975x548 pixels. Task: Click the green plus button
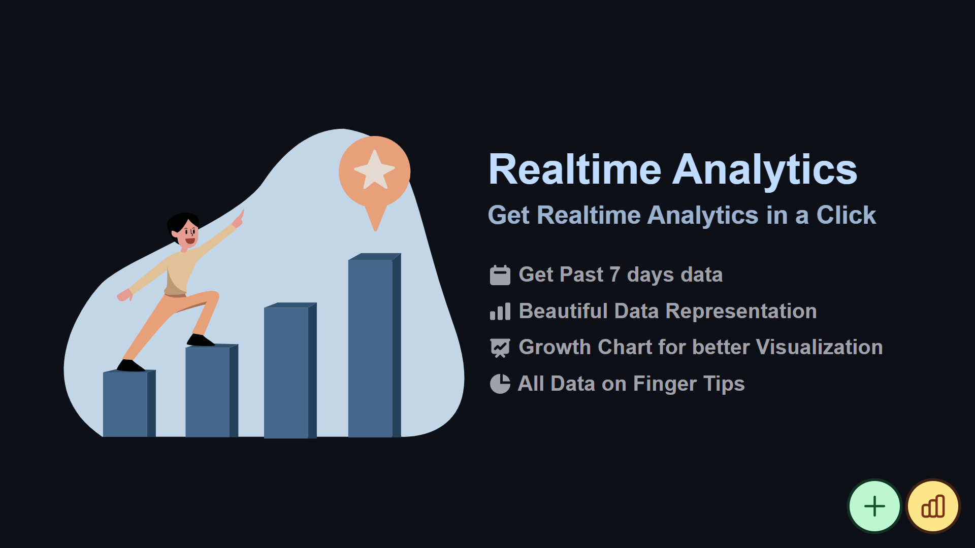point(874,506)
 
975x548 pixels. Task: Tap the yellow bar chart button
point(933,506)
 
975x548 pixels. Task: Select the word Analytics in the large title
point(765,172)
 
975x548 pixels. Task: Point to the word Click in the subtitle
point(846,215)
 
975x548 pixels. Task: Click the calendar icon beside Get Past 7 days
point(500,275)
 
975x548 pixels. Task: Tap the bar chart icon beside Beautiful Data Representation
point(500,311)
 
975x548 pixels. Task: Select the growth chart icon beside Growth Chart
point(500,348)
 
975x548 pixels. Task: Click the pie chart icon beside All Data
point(500,384)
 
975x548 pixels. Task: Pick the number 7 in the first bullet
point(614,275)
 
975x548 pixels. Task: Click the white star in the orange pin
point(375,170)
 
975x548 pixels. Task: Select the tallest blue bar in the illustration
point(374,345)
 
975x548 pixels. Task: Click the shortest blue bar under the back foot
point(129,403)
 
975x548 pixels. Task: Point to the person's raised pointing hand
point(238,219)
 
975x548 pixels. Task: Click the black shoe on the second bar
point(200,340)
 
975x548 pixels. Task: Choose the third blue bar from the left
point(290,370)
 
